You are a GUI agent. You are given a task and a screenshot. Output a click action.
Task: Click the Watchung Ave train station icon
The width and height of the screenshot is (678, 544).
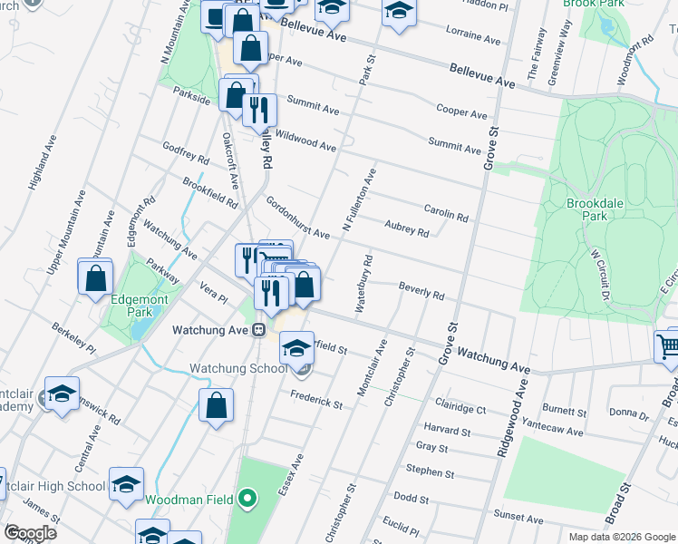click(258, 330)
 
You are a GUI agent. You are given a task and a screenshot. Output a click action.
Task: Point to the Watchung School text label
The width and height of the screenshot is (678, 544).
click(237, 369)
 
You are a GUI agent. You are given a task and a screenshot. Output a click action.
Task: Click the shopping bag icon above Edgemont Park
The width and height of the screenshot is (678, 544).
click(95, 278)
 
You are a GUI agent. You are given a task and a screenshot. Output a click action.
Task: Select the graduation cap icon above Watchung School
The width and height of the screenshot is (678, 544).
click(296, 347)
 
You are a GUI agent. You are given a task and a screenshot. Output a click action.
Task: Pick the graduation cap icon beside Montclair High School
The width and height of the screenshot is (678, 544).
click(126, 484)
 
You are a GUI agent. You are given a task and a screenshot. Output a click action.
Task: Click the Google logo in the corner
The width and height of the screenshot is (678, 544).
click(29, 532)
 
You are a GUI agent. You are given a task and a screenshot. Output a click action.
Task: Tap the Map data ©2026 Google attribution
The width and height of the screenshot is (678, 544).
click(620, 537)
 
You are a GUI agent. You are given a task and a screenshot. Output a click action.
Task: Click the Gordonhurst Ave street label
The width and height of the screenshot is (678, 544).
click(296, 218)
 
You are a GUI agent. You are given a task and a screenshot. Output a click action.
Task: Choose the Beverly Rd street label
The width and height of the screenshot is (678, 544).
click(421, 290)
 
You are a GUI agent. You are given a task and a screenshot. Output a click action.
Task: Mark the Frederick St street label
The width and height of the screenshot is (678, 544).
click(315, 398)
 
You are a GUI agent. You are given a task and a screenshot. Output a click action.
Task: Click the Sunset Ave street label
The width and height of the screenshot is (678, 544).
click(518, 519)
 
